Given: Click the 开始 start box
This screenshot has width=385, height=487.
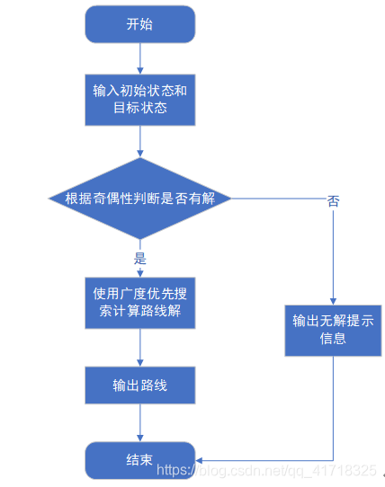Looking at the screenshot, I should pos(139,24).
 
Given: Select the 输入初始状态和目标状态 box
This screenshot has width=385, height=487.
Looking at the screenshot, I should pos(139,100).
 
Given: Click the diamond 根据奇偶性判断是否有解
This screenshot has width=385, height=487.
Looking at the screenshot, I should pos(139,198).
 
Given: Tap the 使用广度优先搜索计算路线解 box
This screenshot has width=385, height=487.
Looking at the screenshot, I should pos(139,303).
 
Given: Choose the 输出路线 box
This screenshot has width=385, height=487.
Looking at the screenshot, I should pos(139,385).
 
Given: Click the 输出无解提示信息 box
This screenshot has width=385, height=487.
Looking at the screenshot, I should pos(332,330).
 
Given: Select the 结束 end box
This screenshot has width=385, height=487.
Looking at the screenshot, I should pos(139,459).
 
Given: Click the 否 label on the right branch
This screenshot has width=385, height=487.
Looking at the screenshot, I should pos(333,202).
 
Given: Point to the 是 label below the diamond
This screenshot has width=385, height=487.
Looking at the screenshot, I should pos(139,258).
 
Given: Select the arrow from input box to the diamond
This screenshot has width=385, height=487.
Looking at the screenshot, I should pos(139,141).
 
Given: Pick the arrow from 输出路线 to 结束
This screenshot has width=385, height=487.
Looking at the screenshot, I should pos(139,422).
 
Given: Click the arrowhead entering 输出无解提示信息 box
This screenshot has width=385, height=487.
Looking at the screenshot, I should pos(332,301).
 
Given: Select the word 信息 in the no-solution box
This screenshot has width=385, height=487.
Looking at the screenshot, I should pos(332,340).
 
